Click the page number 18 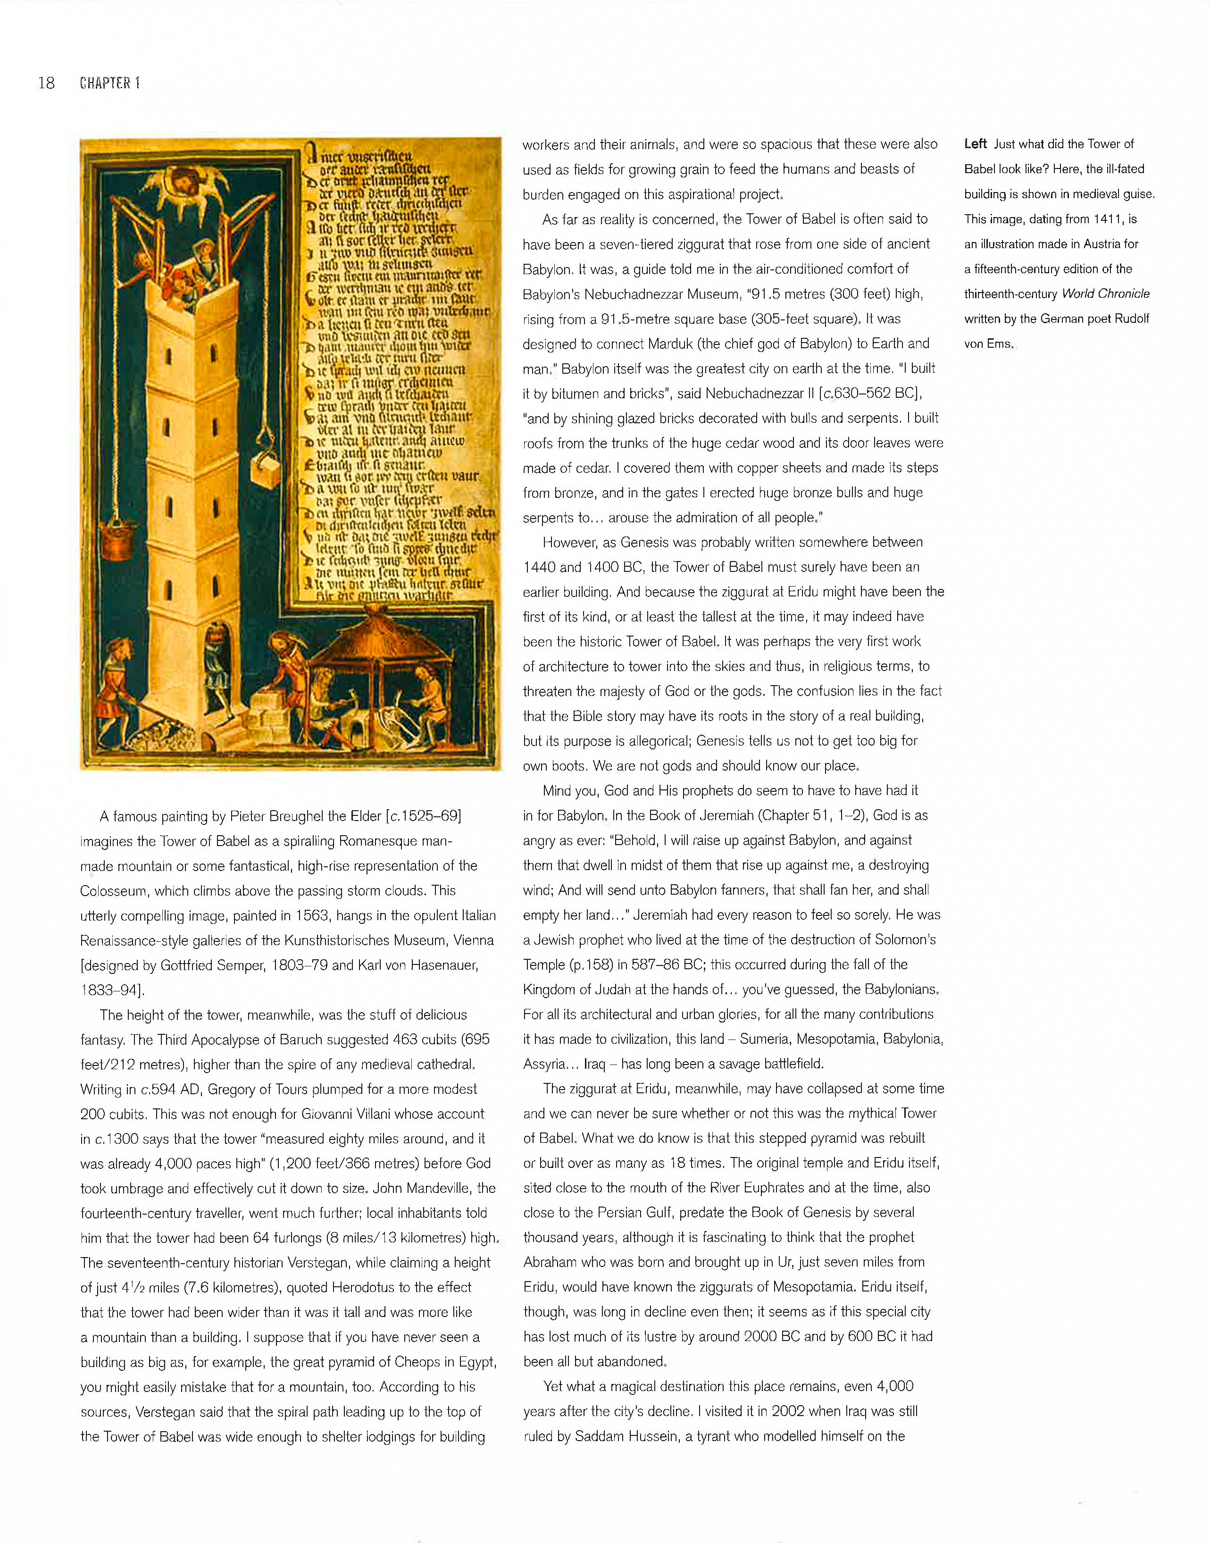pyautogui.click(x=46, y=83)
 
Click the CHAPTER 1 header pyautogui.click(x=110, y=83)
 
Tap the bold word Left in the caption pyautogui.click(x=976, y=144)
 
